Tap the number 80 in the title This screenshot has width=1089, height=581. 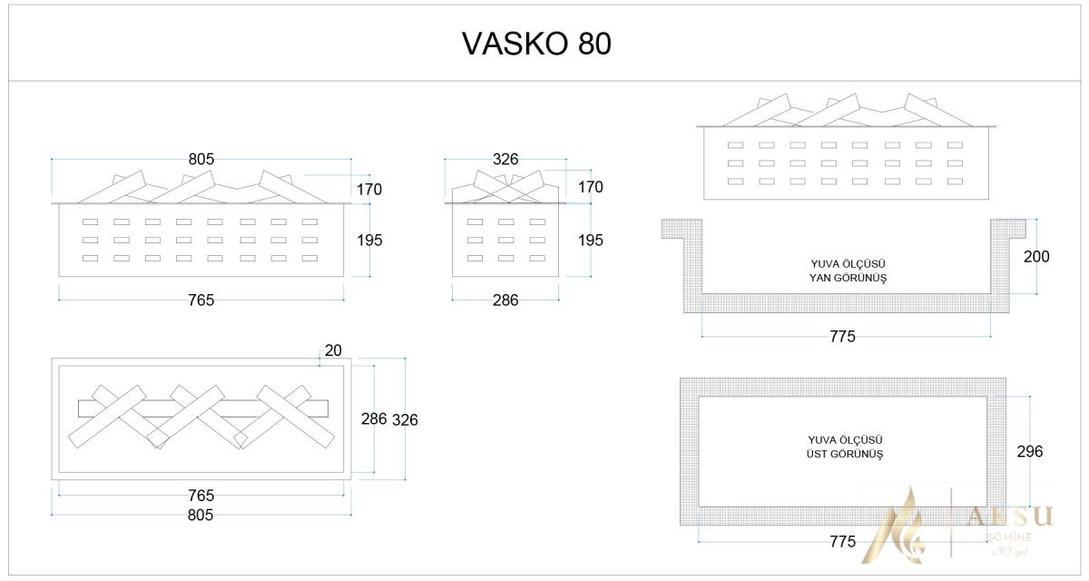594,44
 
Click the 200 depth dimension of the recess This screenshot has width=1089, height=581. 1035,257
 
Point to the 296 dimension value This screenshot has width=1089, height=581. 1030,451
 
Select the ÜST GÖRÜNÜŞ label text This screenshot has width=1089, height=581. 833,453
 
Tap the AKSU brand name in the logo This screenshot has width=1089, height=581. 1009,516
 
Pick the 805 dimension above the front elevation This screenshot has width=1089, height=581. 201,159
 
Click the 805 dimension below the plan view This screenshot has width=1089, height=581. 200,515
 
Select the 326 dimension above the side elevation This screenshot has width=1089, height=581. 505,159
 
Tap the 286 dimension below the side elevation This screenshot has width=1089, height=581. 505,300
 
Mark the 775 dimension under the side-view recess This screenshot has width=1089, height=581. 842,337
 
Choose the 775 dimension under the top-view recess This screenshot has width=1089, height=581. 842,542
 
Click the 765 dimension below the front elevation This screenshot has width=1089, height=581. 201,300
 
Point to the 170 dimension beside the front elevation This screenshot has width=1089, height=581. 369,190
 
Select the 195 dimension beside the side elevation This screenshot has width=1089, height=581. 590,241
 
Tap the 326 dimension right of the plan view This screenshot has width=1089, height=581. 405,419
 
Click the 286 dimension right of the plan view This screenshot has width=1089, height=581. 374,419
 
